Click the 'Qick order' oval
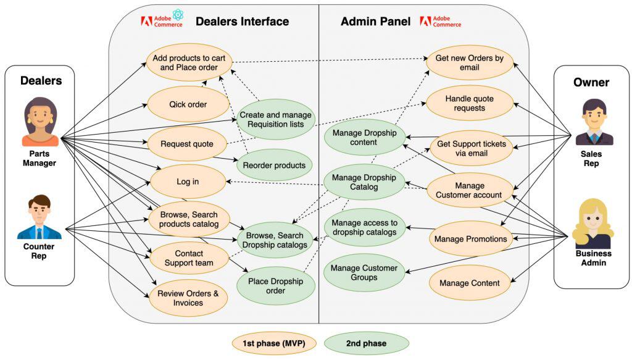click(x=188, y=104)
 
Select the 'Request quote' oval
click(x=187, y=144)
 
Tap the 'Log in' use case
click(x=188, y=182)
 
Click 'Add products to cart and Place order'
click(x=188, y=62)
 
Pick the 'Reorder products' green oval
click(x=274, y=165)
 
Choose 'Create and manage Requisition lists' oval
click(x=275, y=119)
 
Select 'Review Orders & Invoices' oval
click(x=188, y=298)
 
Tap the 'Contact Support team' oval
click(x=189, y=258)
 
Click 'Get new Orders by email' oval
click(x=470, y=63)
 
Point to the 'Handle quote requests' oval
click(x=470, y=103)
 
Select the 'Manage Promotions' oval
click(x=470, y=238)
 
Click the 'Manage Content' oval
click(x=470, y=283)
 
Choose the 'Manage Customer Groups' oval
click(x=364, y=273)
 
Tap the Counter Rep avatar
click(x=39, y=217)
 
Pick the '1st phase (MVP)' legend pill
click(x=273, y=343)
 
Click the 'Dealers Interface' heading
click(x=242, y=22)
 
